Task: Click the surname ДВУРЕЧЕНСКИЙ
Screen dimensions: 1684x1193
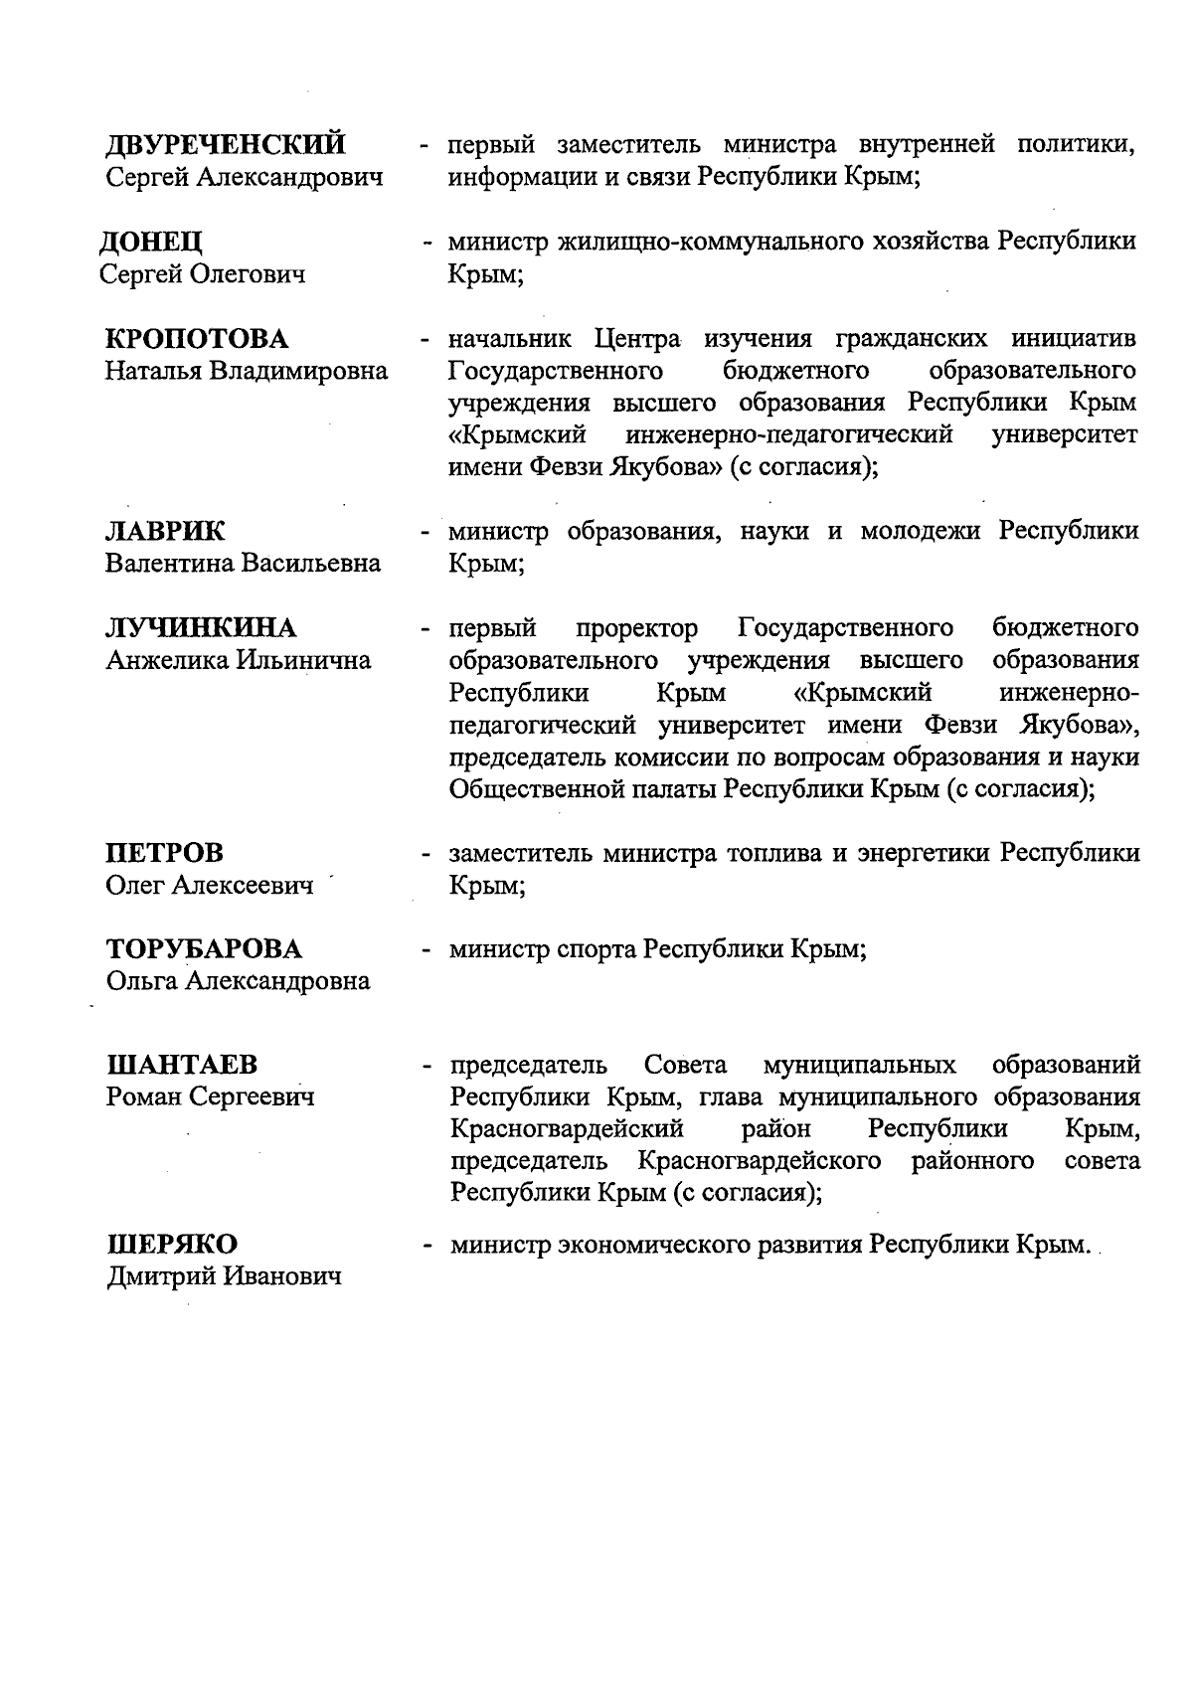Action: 226,145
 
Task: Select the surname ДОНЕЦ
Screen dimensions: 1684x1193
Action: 151,243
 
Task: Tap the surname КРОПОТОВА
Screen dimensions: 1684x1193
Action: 197,340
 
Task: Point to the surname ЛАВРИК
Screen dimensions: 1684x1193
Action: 165,532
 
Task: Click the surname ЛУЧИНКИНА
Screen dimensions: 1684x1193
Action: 201,629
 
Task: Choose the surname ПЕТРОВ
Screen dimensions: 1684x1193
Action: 164,853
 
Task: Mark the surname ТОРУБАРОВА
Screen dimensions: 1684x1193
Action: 204,949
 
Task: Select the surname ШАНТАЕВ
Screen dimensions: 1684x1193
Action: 181,1066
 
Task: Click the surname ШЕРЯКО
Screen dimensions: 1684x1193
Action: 171,1246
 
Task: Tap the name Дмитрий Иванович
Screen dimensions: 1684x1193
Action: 224,1277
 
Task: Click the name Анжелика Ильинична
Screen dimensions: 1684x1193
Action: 238,661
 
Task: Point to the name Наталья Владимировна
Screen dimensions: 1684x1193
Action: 247,372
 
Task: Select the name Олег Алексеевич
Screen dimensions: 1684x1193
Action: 209,885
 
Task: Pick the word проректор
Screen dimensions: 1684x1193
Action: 637,629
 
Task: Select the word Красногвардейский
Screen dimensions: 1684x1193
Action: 567,1130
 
